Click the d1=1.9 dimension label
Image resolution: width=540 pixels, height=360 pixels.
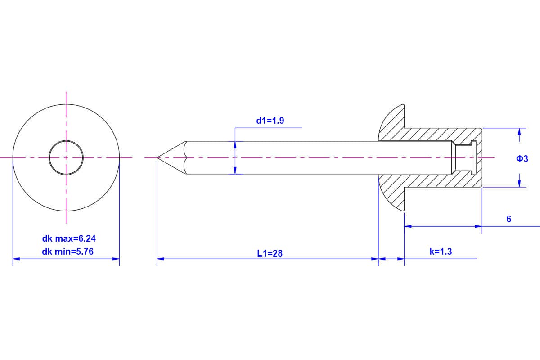tap(270, 120)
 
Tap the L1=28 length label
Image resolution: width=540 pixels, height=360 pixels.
tap(270, 253)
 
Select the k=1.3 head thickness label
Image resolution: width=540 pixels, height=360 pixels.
tap(441, 252)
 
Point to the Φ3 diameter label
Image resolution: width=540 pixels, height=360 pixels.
tap(522, 159)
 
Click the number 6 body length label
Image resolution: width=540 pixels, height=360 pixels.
tap(508, 219)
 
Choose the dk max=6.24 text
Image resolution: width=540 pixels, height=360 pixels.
tap(69, 238)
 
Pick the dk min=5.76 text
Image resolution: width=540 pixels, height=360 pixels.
tap(68, 252)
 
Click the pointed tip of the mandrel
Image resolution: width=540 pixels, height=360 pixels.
tap(157, 157)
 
